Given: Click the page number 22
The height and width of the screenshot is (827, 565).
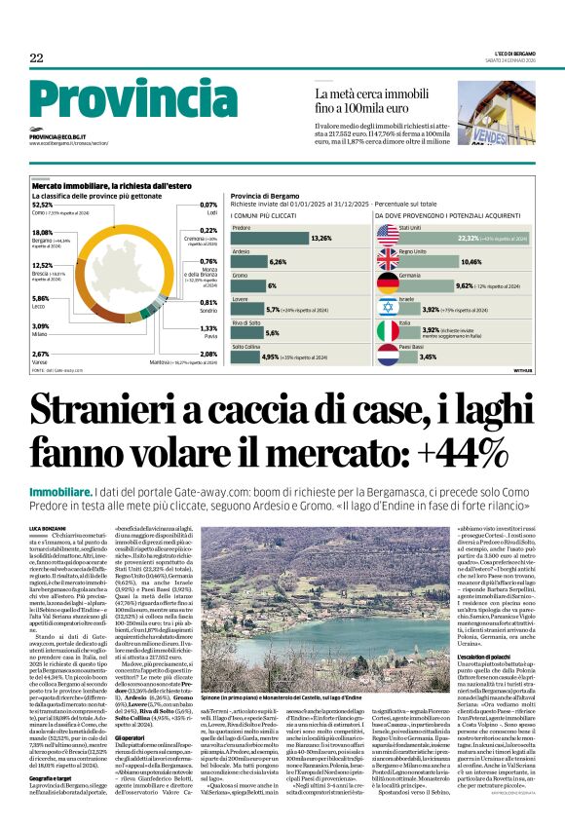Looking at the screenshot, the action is tap(36, 58).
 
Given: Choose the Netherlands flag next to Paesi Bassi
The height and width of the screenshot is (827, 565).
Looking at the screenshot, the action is tap(387, 357).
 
